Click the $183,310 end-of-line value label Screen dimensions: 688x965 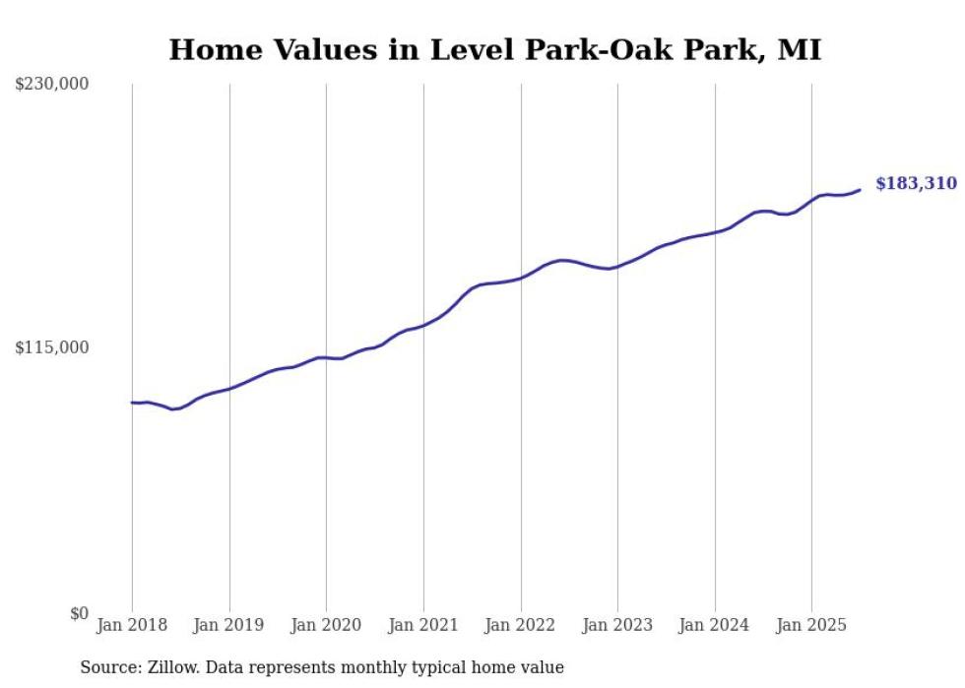(915, 184)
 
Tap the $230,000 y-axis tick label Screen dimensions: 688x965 (52, 85)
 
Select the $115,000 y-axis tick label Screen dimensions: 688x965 (52, 347)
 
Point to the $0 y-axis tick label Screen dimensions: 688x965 (79, 613)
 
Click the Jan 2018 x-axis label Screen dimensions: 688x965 (132, 625)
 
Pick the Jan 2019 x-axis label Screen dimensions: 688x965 (229, 625)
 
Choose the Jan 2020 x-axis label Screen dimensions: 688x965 (326, 625)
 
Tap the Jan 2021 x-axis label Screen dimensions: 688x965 (423, 625)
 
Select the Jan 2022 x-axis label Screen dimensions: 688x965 (521, 625)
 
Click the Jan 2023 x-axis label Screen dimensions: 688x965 (617, 625)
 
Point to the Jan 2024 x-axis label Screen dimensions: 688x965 (715, 625)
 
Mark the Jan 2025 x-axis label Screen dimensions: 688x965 (811, 625)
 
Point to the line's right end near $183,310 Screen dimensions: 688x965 (860, 190)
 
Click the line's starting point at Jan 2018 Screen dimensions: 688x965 (132, 403)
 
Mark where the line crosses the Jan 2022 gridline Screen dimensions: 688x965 (521, 279)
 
